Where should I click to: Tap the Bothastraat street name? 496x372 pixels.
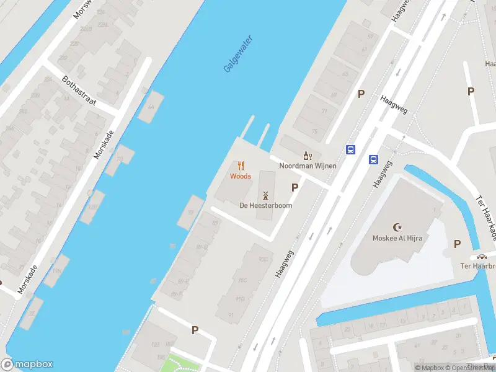pyautogui.click(x=79, y=91)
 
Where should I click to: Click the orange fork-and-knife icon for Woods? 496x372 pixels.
pyautogui.click(x=241, y=166)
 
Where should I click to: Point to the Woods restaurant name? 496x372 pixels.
pyautogui.click(x=241, y=176)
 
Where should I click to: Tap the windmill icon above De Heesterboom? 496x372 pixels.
pyautogui.click(x=266, y=195)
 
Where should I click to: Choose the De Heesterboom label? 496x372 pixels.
pyautogui.click(x=266, y=205)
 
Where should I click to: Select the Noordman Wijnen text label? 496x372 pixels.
pyautogui.click(x=308, y=166)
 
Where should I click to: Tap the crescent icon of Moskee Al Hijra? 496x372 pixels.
pyautogui.click(x=397, y=228)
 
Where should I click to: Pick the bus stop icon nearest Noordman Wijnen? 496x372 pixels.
pyautogui.click(x=350, y=149)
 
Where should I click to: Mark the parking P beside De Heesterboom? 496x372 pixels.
pyautogui.click(x=294, y=187)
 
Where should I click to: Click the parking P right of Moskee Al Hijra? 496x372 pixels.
pyautogui.click(x=457, y=244)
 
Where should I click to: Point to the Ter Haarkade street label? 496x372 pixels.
pyautogui.click(x=486, y=218)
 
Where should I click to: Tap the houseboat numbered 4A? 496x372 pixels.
pyautogui.click(x=151, y=106)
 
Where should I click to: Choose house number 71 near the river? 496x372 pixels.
pyautogui.click(x=306, y=110)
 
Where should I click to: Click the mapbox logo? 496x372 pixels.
pyautogui.click(x=27, y=364)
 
